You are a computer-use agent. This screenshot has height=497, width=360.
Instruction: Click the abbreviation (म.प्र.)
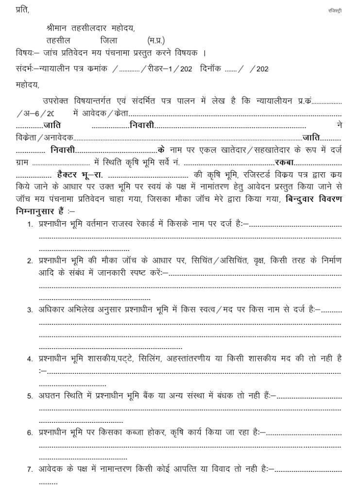[156, 41]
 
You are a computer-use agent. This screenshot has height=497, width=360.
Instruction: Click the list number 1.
[30, 225]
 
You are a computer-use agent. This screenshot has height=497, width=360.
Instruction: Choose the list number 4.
[30, 360]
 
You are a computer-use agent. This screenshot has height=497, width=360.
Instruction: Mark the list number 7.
[30, 469]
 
